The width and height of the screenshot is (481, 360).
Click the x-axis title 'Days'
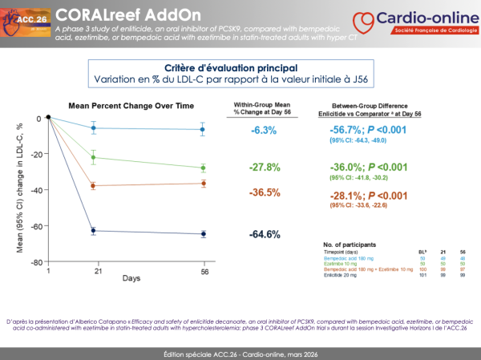click(132, 278)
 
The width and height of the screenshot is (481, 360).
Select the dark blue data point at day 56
click(203, 234)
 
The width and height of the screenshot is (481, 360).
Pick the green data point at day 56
click(203, 168)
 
